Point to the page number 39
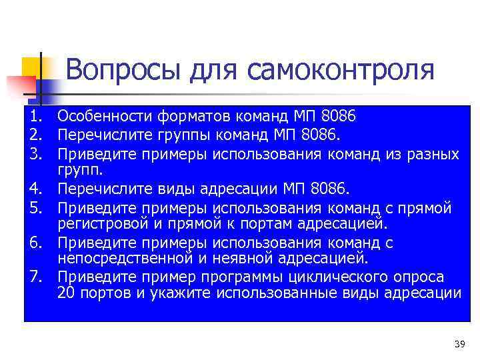point(459,344)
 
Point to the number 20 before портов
point(66,293)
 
